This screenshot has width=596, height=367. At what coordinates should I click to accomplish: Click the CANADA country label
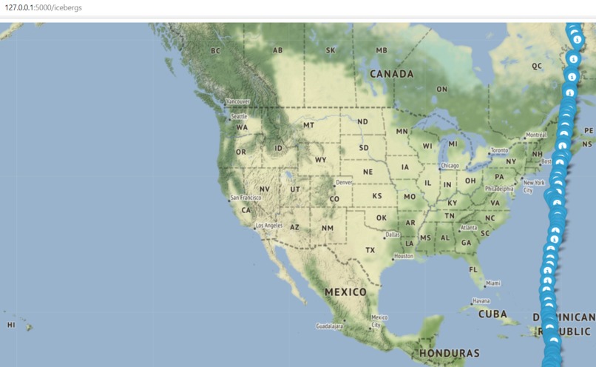392,74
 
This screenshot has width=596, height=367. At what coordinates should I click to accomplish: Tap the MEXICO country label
345,292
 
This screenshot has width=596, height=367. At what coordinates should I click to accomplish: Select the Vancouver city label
238,101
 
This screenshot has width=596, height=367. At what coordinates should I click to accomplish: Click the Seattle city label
239,116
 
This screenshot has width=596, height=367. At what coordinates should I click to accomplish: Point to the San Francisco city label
245,198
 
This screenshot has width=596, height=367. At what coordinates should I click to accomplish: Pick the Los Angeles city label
268,225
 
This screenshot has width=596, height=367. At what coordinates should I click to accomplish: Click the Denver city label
345,182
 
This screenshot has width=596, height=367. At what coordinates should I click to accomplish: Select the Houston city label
404,256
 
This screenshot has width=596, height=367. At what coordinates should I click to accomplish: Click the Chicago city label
450,165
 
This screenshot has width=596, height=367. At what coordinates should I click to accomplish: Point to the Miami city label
493,283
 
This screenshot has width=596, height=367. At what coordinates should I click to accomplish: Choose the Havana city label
481,300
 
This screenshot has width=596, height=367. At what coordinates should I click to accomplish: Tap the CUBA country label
492,314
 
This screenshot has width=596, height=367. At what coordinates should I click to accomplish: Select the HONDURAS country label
449,354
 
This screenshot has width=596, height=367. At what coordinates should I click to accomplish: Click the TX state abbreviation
370,250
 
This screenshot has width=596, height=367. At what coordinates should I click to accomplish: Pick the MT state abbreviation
308,125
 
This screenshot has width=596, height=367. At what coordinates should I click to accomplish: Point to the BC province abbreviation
215,51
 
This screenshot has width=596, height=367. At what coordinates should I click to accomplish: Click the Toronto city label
500,150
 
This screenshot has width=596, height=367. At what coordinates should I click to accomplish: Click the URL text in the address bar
44,7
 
